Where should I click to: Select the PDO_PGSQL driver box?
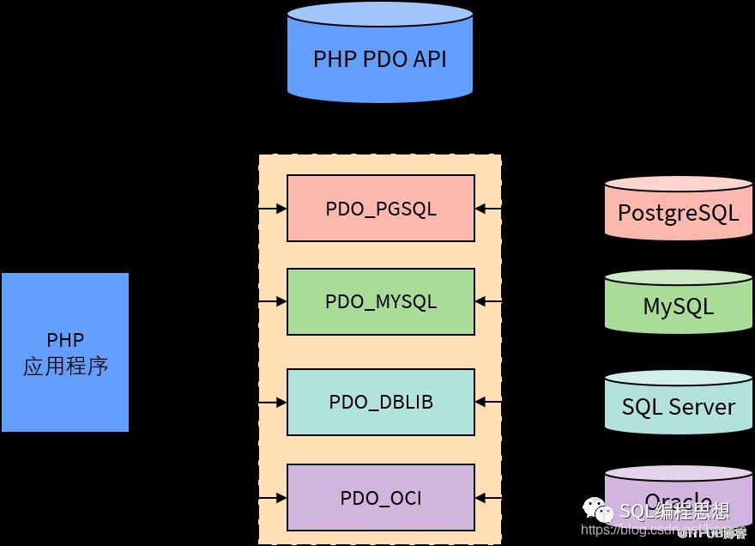pyautogui.click(x=380, y=209)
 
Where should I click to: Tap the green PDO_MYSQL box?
pyautogui.click(x=380, y=301)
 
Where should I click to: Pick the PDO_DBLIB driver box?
pyautogui.click(x=380, y=402)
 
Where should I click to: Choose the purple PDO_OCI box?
pyautogui.click(x=380, y=497)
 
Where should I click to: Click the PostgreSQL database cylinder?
pyautogui.click(x=678, y=209)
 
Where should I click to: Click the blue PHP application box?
pyautogui.click(x=65, y=352)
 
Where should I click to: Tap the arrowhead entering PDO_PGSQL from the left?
pyautogui.click(x=281, y=209)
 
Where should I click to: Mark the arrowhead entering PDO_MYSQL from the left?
pyautogui.click(x=281, y=301)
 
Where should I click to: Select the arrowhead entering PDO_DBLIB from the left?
pyautogui.click(x=281, y=402)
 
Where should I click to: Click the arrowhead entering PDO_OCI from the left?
pyautogui.click(x=281, y=497)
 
